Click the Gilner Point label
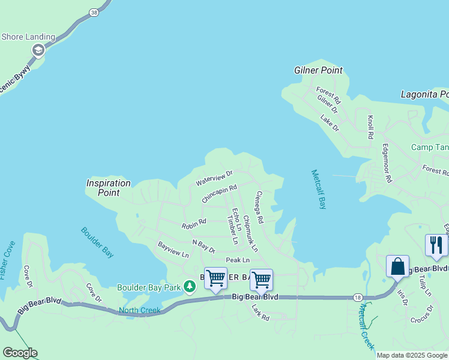point(318,70)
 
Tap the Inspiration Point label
point(108,188)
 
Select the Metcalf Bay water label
point(319,189)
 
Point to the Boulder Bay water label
point(97,242)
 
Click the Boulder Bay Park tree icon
point(190,287)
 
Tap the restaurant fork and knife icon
point(436,245)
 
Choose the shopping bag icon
point(397,266)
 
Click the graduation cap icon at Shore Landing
point(38,50)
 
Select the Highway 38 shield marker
point(93,12)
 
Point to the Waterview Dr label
point(214,178)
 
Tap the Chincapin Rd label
point(219,194)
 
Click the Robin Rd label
point(193,224)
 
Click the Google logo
point(20,353)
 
